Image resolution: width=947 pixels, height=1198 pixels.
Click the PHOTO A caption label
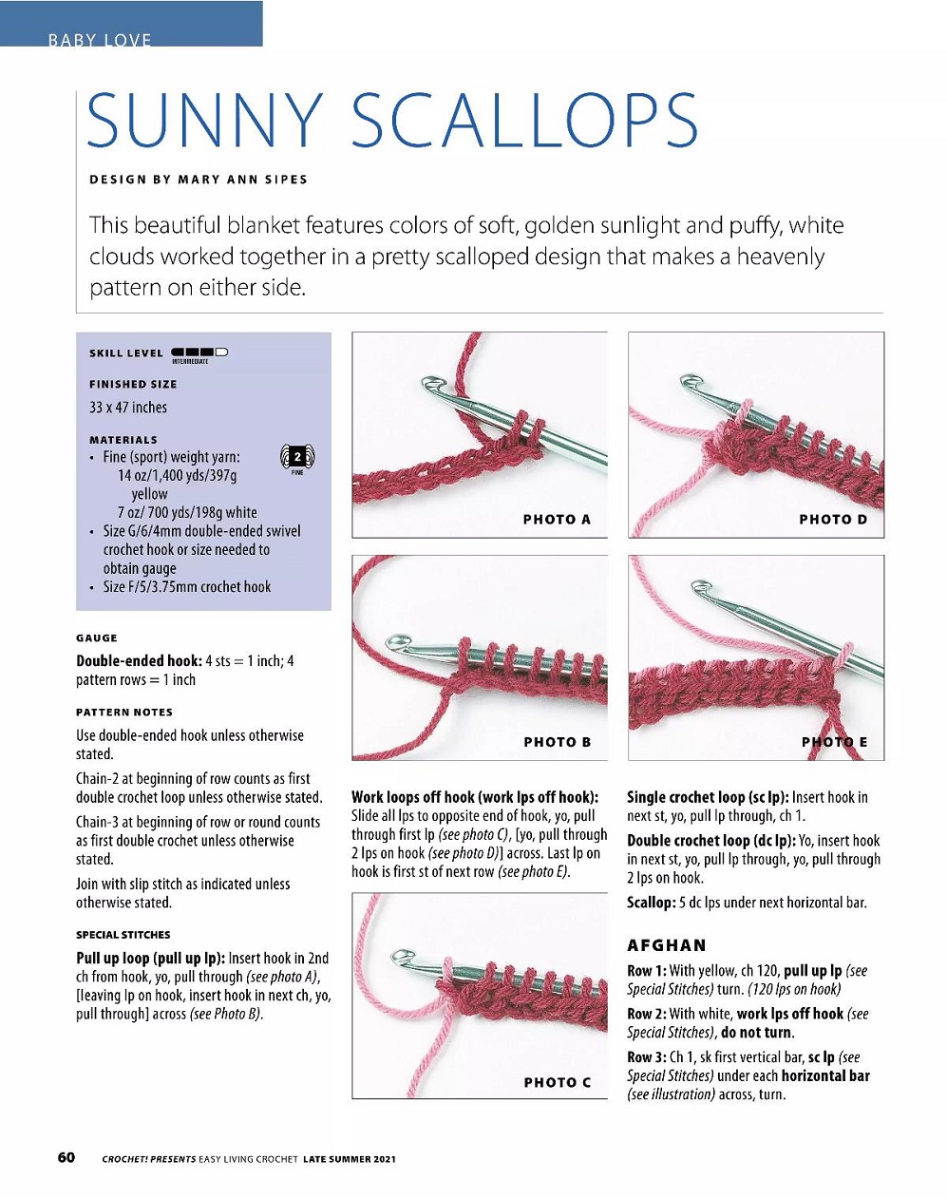click(x=557, y=520)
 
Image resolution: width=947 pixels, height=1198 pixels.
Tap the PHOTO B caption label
click(x=557, y=742)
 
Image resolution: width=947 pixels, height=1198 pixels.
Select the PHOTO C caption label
click(x=557, y=1082)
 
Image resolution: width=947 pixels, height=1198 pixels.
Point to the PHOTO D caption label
click(x=833, y=520)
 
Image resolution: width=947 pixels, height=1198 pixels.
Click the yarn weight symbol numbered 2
click(x=297, y=458)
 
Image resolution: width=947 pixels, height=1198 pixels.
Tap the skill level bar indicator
click(x=199, y=352)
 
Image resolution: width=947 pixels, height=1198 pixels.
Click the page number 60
click(x=66, y=1157)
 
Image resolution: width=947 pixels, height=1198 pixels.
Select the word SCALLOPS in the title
click(x=524, y=122)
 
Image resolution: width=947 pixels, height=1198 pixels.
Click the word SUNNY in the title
click(x=204, y=122)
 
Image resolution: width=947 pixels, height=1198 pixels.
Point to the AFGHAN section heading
click(x=666, y=945)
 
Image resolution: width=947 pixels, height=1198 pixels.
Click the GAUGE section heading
click(x=97, y=638)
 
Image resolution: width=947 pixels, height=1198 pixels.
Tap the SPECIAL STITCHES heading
click(x=123, y=935)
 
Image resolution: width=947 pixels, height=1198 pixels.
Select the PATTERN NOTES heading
click(x=124, y=713)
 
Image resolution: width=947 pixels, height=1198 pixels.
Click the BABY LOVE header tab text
click(x=100, y=40)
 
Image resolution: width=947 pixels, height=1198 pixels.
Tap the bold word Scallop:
click(x=651, y=903)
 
